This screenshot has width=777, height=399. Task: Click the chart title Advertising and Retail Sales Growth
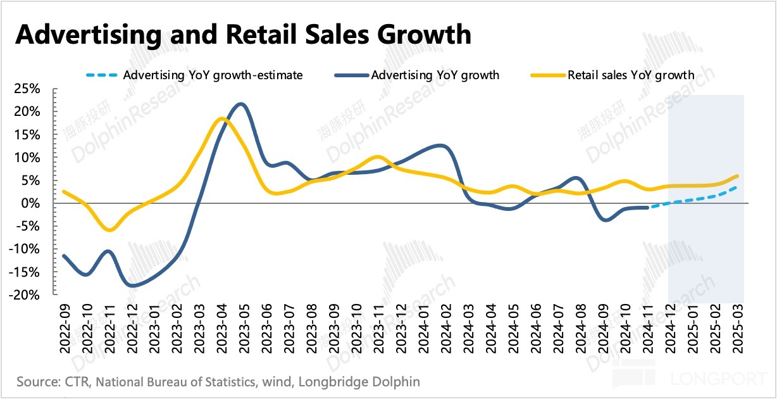pyautogui.click(x=243, y=34)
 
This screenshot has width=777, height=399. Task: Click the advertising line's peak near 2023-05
pyautogui.click(x=241, y=104)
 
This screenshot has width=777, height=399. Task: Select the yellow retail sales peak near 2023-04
pyautogui.click(x=221, y=118)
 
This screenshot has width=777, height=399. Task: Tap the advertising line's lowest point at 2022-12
pyautogui.click(x=132, y=286)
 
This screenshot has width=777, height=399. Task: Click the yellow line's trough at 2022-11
pyautogui.click(x=109, y=230)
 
